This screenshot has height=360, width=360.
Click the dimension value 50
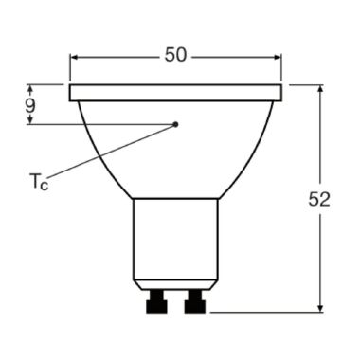[x=175, y=55]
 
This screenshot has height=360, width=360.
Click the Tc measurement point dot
[x=176, y=123]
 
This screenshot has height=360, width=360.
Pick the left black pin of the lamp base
[x=154, y=302]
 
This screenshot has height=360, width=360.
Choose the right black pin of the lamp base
[x=196, y=302]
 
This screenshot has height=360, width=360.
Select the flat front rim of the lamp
[x=176, y=93]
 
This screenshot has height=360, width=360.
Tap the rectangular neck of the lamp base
[x=175, y=237]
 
